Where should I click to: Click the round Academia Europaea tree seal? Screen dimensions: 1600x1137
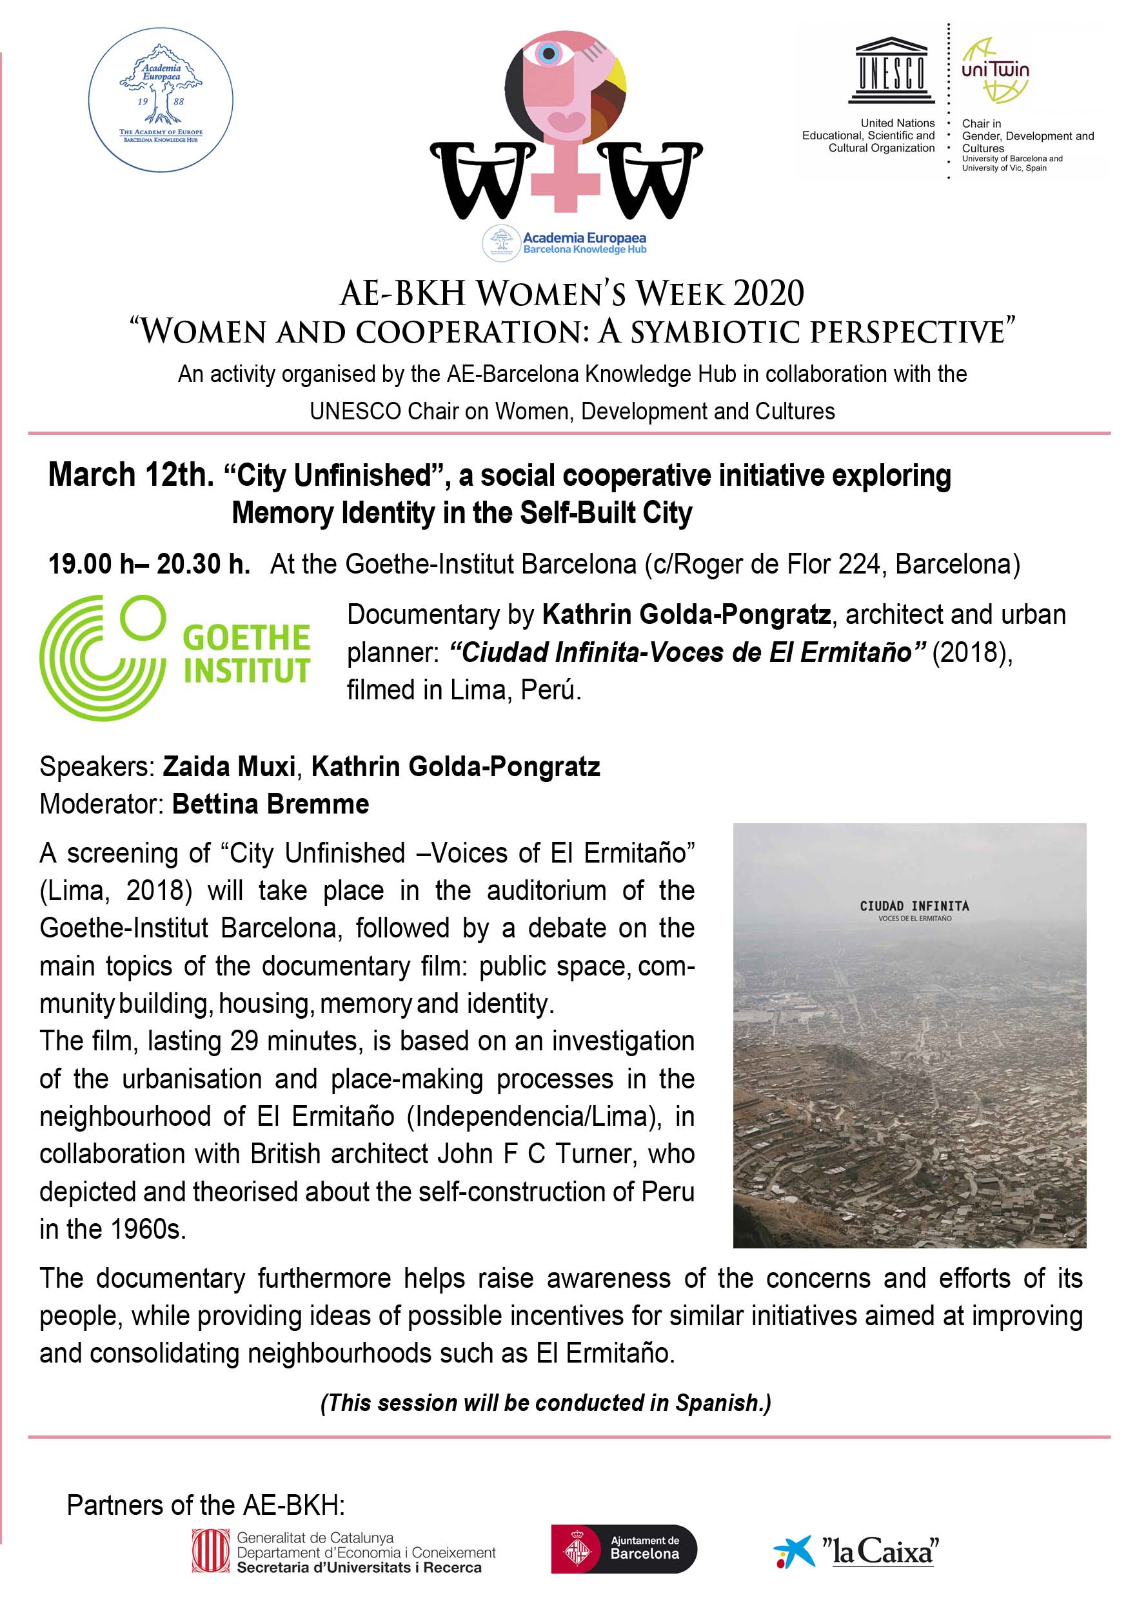161,100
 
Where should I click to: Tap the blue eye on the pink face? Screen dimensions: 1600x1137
548,53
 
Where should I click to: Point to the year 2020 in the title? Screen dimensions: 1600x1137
768,294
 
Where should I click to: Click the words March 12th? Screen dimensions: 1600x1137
131,475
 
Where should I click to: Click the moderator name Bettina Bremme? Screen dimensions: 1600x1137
270,805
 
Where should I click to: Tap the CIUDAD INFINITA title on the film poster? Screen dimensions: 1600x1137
915,906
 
